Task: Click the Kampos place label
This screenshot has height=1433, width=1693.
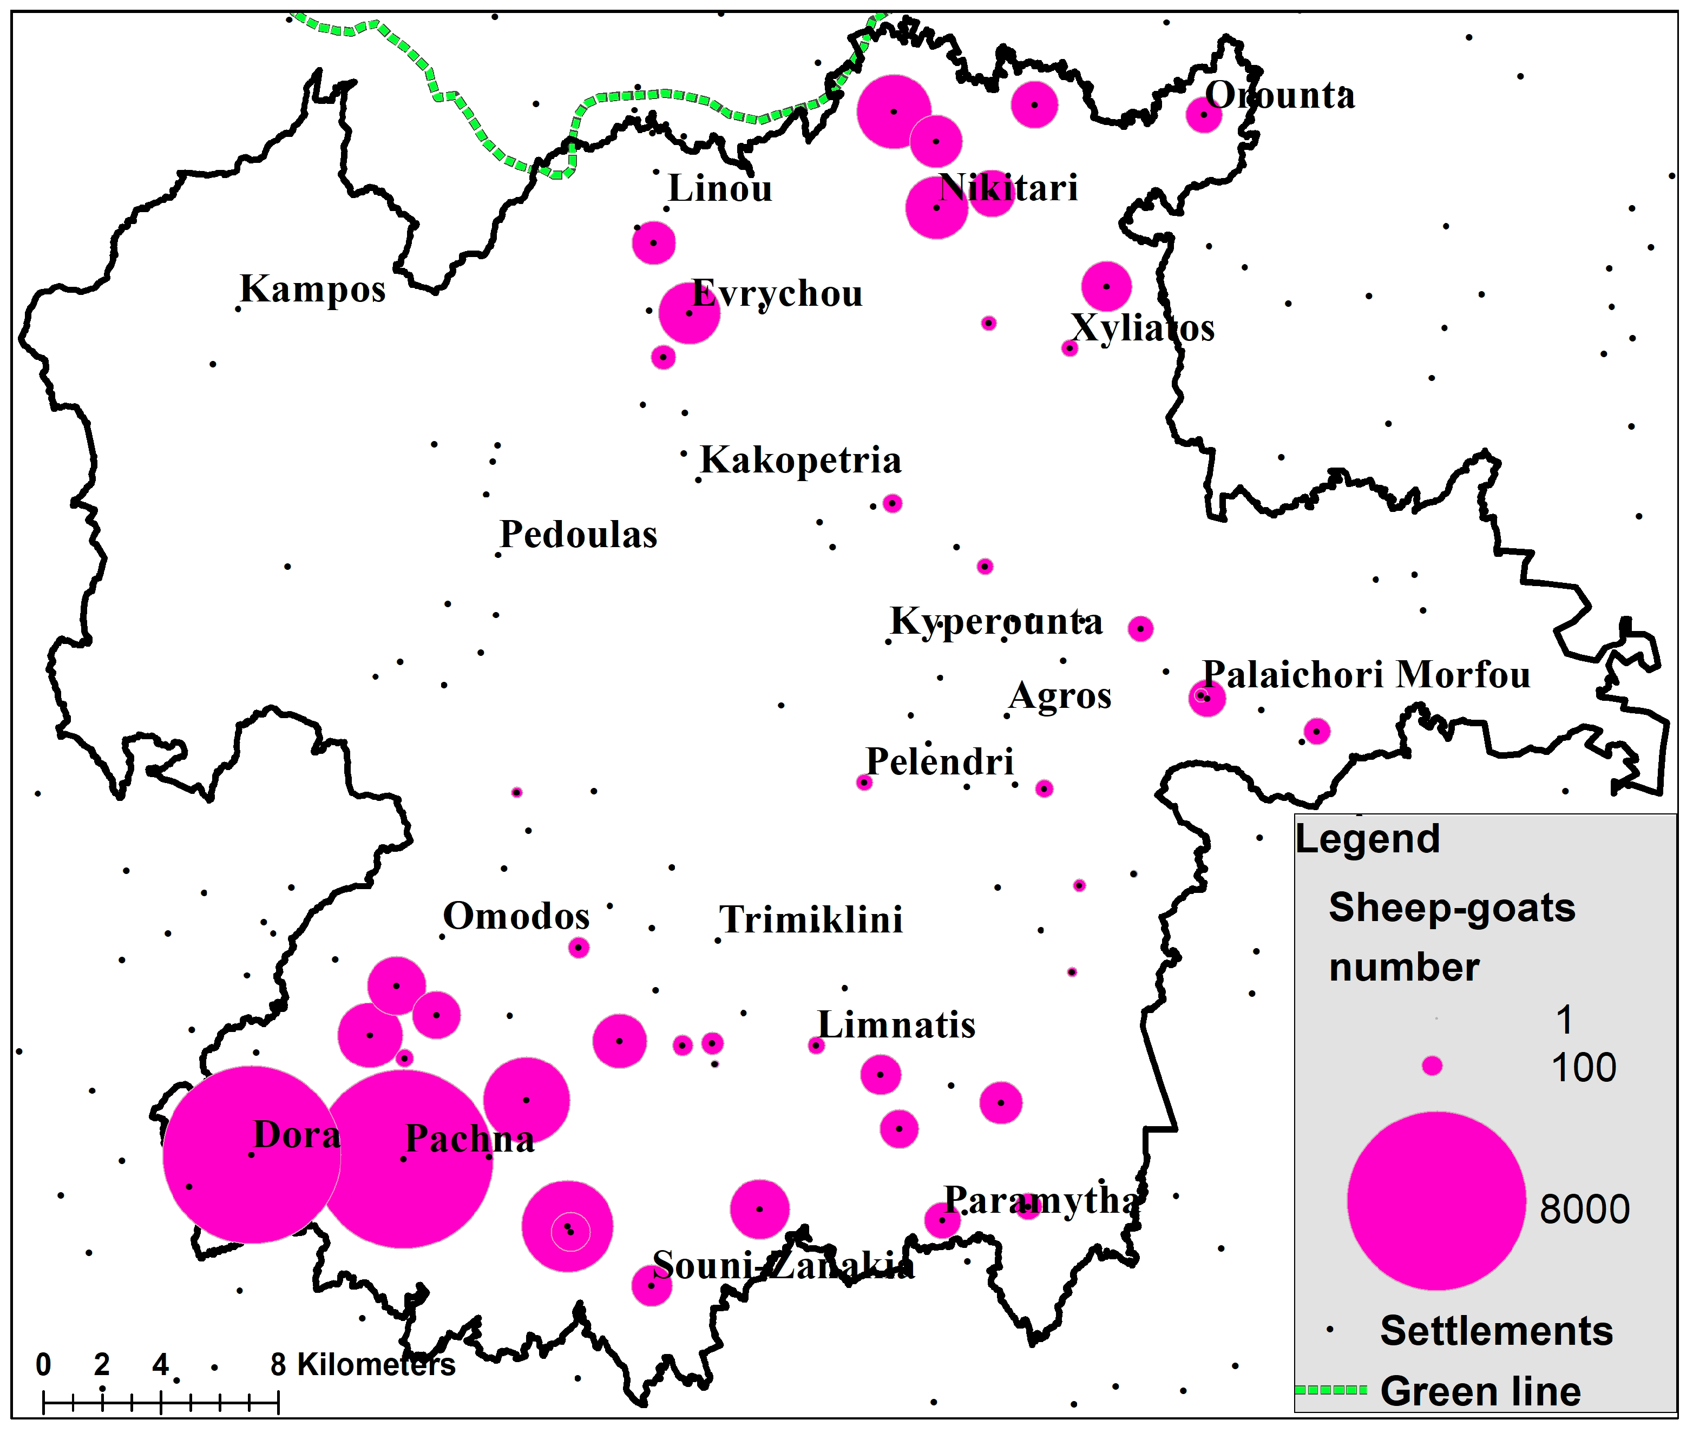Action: [x=313, y=289]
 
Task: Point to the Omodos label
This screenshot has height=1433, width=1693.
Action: [x=516, y=916]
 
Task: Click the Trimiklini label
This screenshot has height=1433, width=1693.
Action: [x=811, y=921]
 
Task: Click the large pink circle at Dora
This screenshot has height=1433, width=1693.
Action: [x=252, y=1154]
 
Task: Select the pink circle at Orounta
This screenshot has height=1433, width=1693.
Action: [x=1203, y=115]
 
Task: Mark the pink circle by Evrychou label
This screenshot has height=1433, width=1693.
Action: [x=689, y=313]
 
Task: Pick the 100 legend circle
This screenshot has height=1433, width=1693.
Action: [x=1432, y=1066]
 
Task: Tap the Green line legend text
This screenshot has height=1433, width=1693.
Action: [x=1480, y=1391]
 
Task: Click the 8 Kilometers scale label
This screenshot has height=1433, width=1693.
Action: [x=362, y=1365]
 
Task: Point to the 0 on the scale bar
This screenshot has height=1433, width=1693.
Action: [x=44, y=1365]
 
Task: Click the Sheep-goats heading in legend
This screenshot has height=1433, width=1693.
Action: [x=1451, y=908]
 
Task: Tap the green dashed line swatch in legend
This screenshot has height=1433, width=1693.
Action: [x=1330, y=1390]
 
